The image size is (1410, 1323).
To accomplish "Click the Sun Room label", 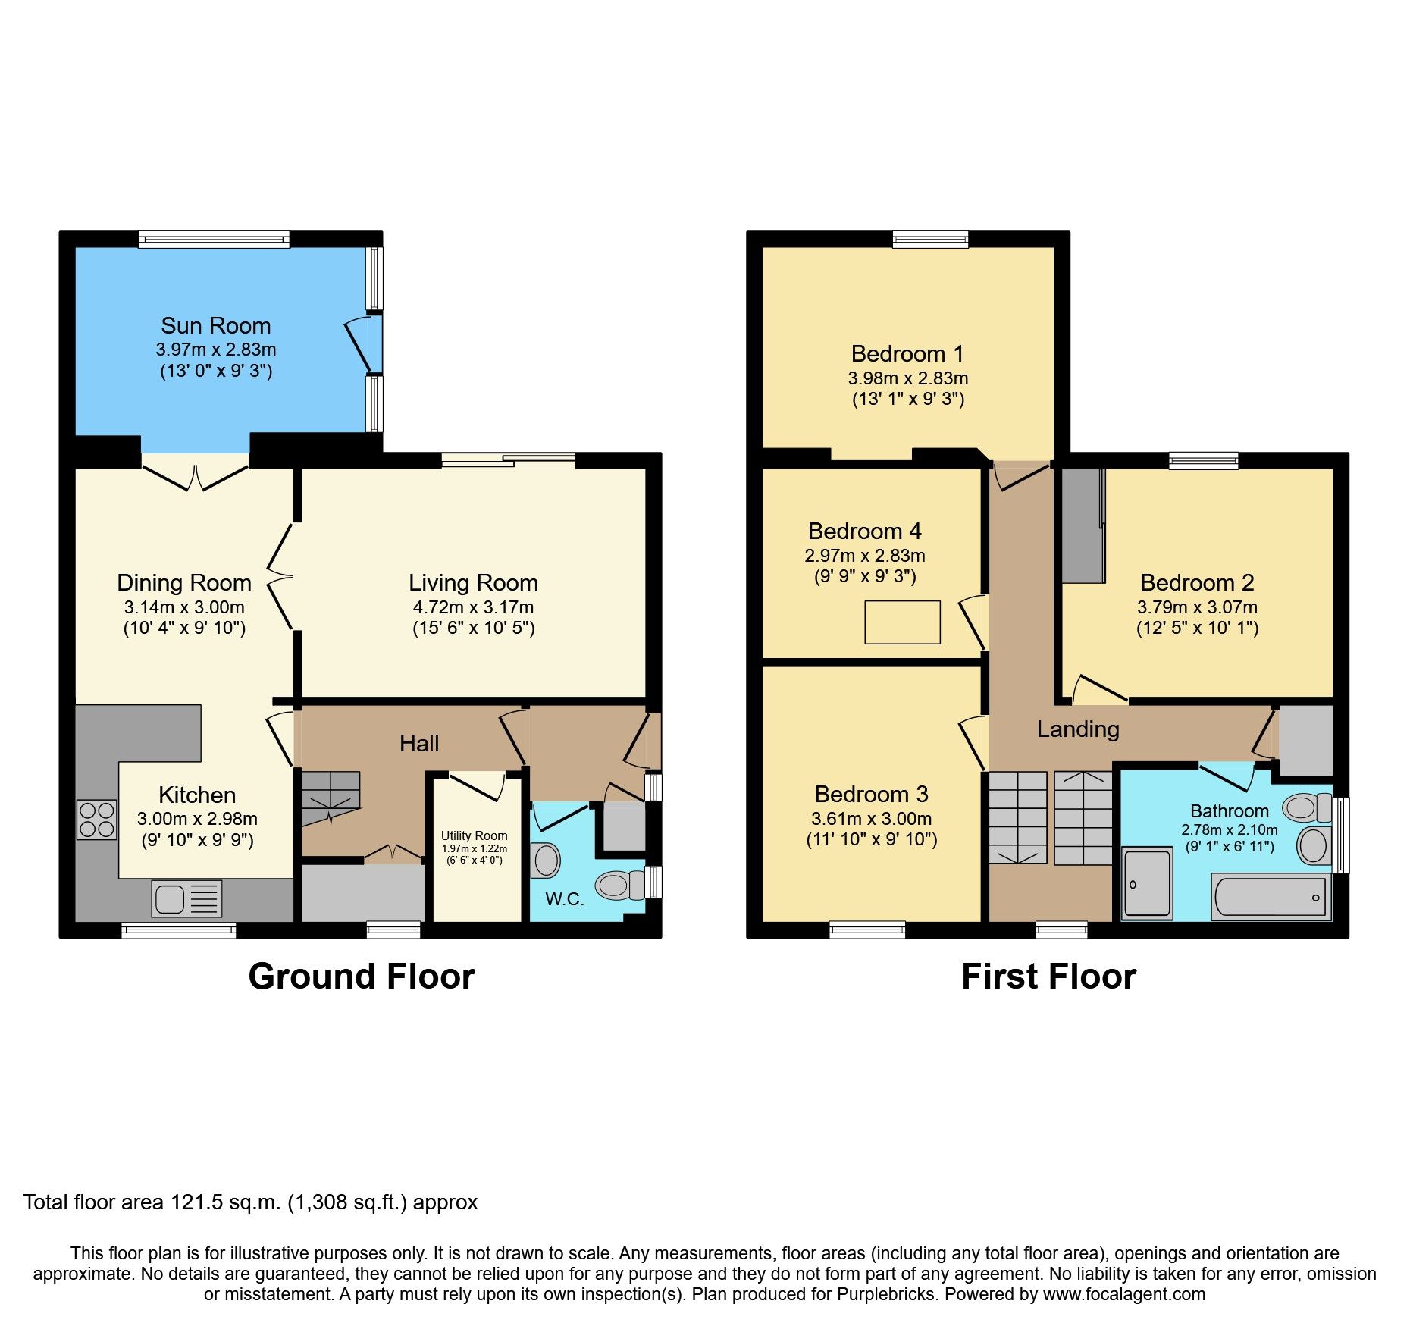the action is pyautogui.click(x=216, y=326).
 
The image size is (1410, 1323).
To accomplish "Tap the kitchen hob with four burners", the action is pyautogui.click(x=96, y=820).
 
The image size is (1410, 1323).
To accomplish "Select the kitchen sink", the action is pyautogui.click(x=186, y=898).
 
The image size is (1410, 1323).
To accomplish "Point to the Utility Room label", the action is pyautogui.click(x=475, y=835).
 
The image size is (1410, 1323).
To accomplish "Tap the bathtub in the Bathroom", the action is pyautogui.click(x=1271, y=897).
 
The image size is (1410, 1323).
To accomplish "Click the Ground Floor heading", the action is pyautogui.click(x=362, y=977).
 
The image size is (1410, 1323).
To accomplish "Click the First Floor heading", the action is pyautogui.click(x=1048, y=977).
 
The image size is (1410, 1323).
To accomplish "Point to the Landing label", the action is pyautogui.click(x=1078, y=729).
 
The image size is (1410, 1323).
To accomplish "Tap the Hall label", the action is pyautogui.click(x=419, y=743).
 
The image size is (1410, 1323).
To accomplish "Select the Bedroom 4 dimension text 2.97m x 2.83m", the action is pyautogui.click(x=865, y=556).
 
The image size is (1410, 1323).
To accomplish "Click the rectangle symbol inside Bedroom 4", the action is pyautogui.click(x=902, y=622).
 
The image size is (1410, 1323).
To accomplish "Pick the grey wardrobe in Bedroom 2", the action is pyautogui.click(x=1083, y=526).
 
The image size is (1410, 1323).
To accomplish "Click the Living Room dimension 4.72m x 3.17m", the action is pyautogui.click(x=473, y=607).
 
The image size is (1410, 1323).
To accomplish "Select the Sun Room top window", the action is pyautogui.click(x=214, y=240).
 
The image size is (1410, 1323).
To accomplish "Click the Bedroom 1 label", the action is pyautogui.click(x=907, y=354).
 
